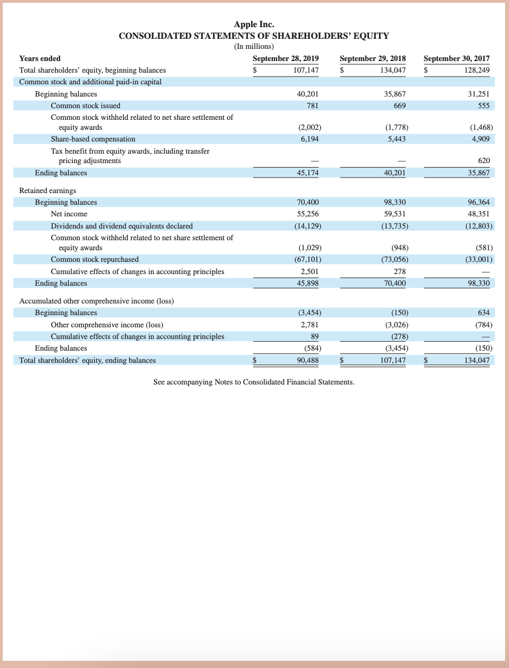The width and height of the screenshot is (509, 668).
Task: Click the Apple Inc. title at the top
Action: (x=254, y=24)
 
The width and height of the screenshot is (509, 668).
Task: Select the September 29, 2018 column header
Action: (x=372, y=58)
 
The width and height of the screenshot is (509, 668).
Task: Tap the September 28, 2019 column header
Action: (x=286, y=58)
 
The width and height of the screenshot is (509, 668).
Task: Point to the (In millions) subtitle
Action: (x=254, y=47)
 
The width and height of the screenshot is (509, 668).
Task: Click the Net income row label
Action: (x=69, y=214)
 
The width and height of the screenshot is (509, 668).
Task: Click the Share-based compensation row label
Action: (x=93, y=139)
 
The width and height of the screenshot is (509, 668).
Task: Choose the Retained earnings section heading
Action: (x=48, y=190)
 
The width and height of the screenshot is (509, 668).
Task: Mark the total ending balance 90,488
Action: (x=308, y=360)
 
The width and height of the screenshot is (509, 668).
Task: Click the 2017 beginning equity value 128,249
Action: (x=477, y=70)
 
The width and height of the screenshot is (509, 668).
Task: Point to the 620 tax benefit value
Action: (x=483, y=160)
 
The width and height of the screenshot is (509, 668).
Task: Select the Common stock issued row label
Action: (x=86, y=105)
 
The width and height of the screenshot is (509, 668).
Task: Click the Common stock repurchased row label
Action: (x=94, y=259)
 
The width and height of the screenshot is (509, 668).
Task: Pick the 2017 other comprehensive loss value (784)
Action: (x=481, y=325)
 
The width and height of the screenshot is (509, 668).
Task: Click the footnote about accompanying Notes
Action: (x=253, y=382)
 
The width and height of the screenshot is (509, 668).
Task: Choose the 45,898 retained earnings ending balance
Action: (x=308, y=283)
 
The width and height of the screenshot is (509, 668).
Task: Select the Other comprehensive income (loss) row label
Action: (x=107, y=325)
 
